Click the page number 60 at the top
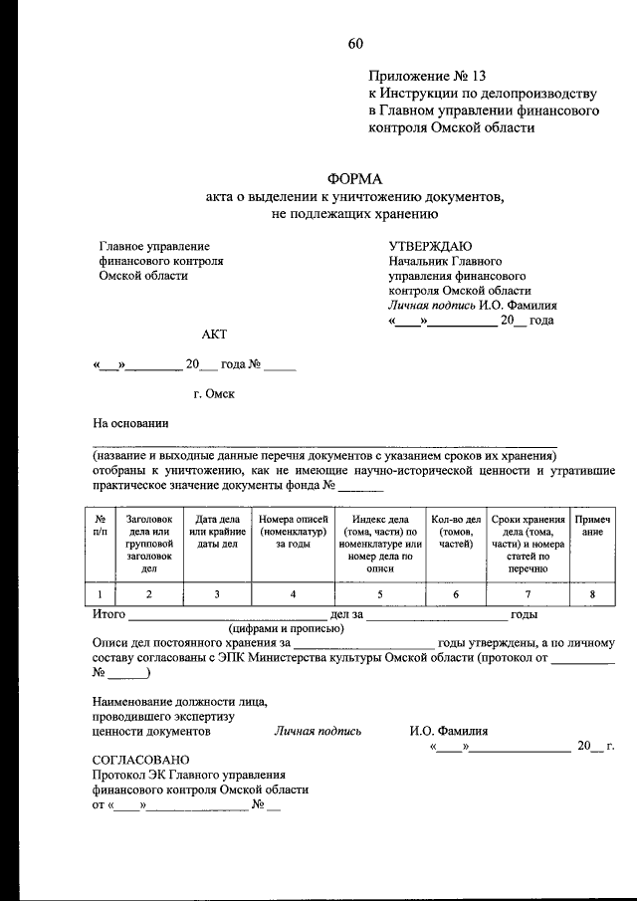coord(355,42)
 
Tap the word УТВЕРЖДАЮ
coord(430,245)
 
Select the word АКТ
coord(215,336)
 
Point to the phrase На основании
coord(130,422)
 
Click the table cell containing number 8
coord(591,594)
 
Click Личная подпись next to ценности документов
coord(318,730)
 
